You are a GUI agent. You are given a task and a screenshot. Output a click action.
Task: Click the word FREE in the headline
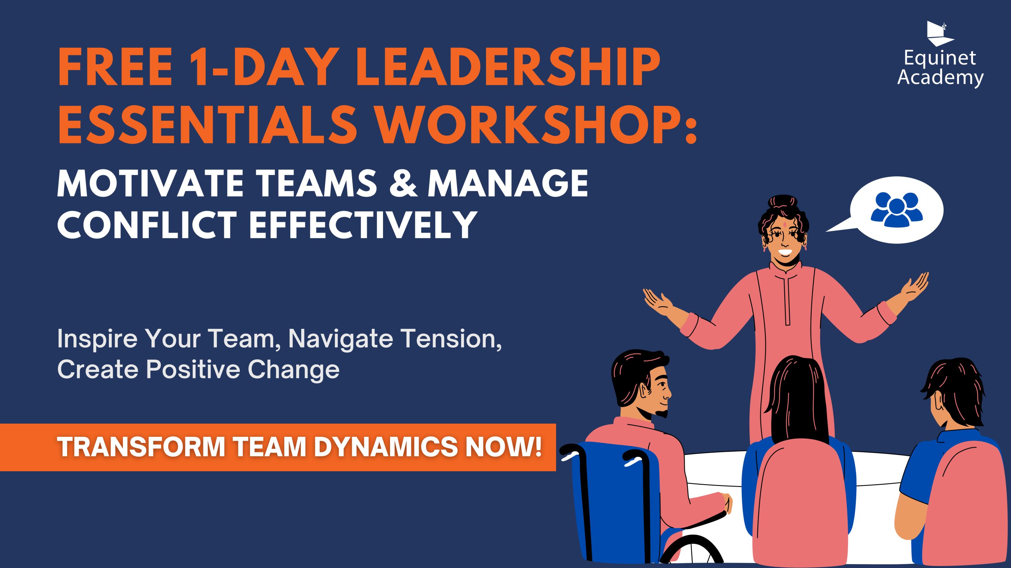[115, 67]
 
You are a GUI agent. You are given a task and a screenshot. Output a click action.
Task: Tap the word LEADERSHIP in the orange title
[508, 67]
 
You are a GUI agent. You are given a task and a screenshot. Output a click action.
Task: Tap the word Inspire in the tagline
[97, 339]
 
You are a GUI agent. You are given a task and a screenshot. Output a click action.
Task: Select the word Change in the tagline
[293, 370]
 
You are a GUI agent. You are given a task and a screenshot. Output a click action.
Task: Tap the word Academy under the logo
[940, 77]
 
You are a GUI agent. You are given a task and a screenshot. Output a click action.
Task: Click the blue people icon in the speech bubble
[897, 210]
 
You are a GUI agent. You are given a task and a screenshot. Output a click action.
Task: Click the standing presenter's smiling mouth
[785, 252]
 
